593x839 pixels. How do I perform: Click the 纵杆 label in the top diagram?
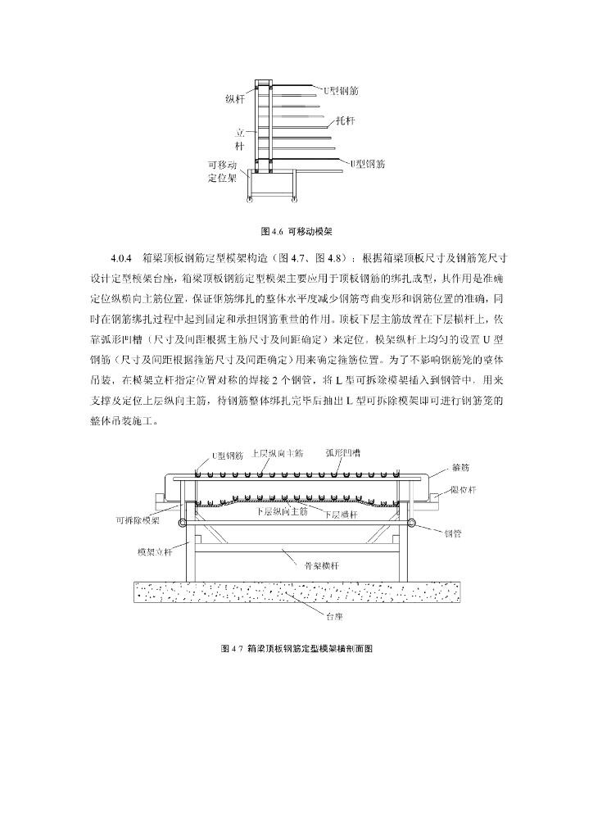point(236,99)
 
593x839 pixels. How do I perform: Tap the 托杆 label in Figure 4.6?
point(344,120)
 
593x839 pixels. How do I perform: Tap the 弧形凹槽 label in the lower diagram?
point(343,452)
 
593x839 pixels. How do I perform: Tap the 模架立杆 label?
point(155,551)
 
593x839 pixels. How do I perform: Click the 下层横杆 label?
point(342,515)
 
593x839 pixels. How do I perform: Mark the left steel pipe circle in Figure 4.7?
point(183,523)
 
